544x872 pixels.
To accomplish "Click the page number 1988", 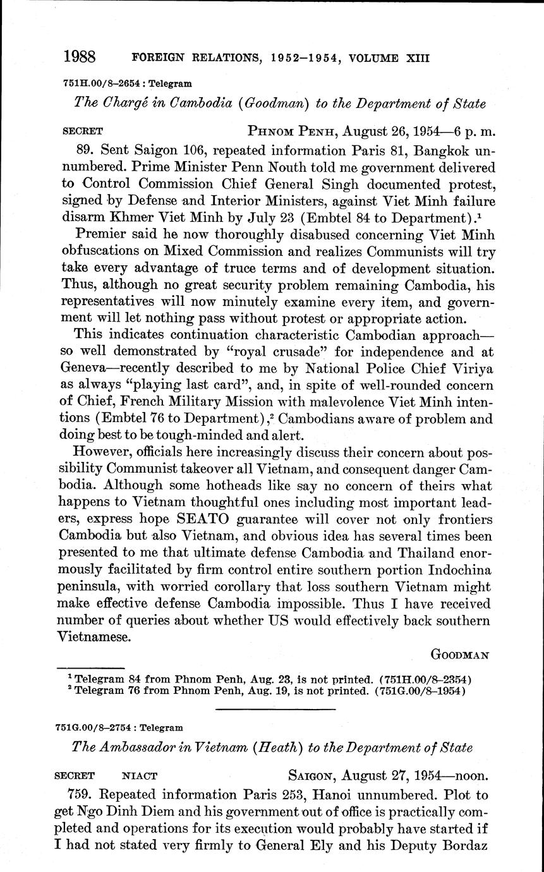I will point(79,58).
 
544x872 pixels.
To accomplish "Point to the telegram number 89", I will point(84,150).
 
